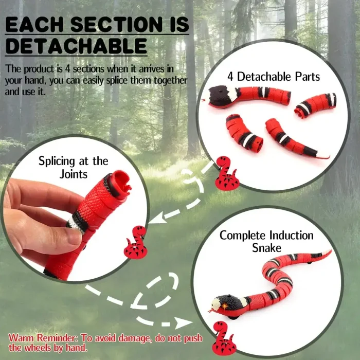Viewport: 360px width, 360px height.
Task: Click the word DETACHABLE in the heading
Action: click(x=76, y=46)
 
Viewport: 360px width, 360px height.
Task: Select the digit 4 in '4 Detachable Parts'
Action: click(x=230, y=77)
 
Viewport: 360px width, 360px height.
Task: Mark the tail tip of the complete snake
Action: click(x=329, y=252)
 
